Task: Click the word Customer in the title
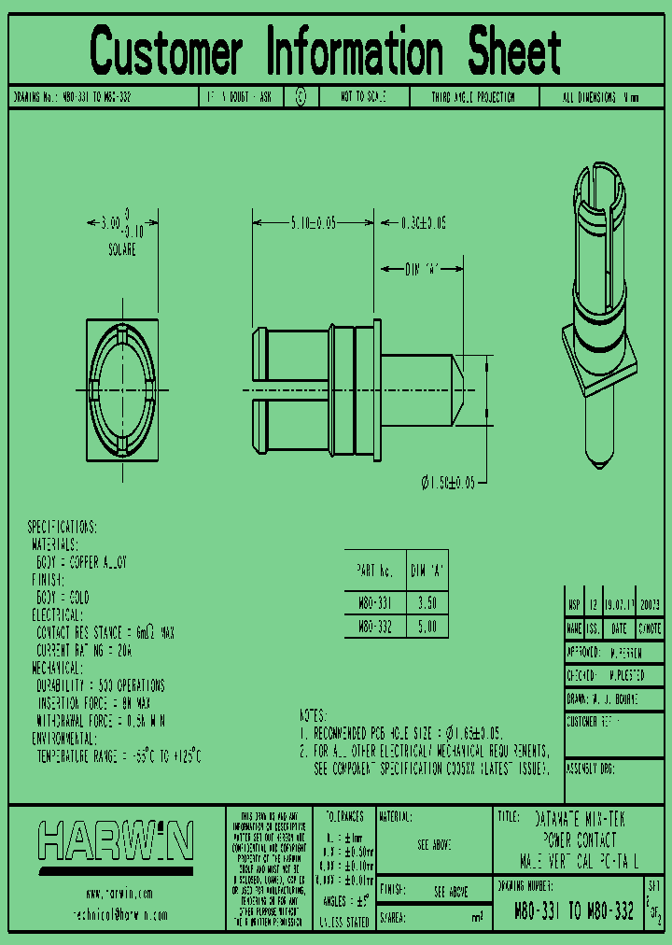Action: (166, 52)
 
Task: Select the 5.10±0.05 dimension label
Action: (312, 223)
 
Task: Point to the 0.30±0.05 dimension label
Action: (424, 223)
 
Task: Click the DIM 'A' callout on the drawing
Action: (422, 269)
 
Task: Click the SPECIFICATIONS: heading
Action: (62, 528)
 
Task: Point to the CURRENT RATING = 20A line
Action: (84, 650)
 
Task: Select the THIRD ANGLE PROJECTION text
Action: (473, 97)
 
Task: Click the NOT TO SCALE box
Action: (362, 97)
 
